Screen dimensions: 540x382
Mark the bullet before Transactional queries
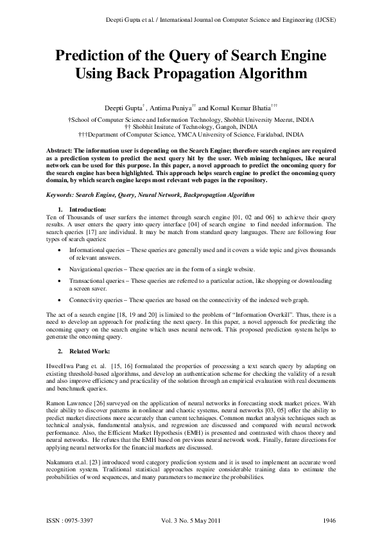pyautogui.click(x=60, y=282)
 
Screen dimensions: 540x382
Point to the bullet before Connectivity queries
pyautogui.click(x=60, y=300)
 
